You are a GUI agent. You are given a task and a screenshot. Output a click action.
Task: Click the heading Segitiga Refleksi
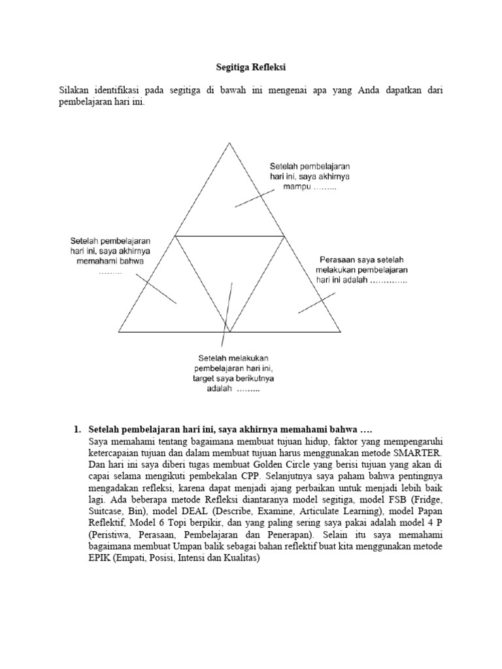coord(250,67)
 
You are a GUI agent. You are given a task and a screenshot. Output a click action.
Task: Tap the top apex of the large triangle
coord(229,142)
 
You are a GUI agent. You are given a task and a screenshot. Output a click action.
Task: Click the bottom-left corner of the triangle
coord(119,331)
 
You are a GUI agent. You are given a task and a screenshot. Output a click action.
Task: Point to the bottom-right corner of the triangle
coord(341,331)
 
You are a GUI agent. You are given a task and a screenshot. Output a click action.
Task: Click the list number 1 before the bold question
coord(76,429)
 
